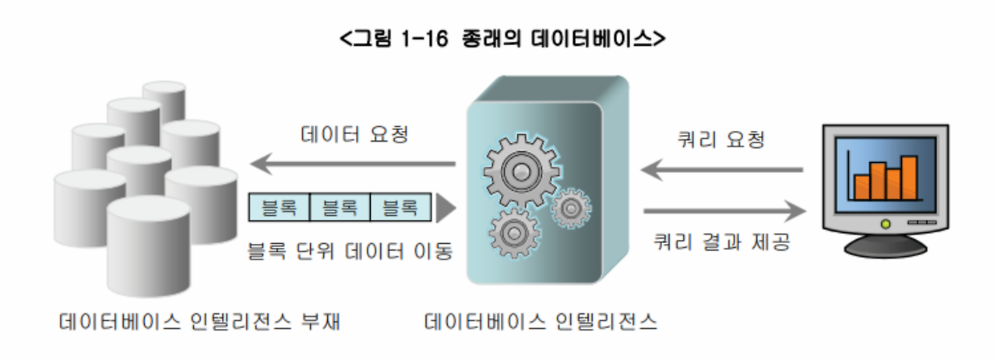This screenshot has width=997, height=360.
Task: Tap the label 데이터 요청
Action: tap(354, 134)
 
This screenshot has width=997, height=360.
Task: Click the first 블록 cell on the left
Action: tap(279, 207)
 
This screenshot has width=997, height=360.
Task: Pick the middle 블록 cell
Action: tap(340, 207)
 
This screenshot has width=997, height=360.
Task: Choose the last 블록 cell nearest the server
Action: tap(400, 207)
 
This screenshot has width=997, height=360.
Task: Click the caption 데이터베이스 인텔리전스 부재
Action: tap(200, 321)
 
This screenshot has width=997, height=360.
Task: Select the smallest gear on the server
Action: tap(572, 207)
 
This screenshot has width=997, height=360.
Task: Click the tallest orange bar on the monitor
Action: tap(909, 178)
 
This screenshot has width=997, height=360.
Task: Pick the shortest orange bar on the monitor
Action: tap(862, 187)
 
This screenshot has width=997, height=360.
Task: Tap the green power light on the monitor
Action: tap(885, 224)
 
